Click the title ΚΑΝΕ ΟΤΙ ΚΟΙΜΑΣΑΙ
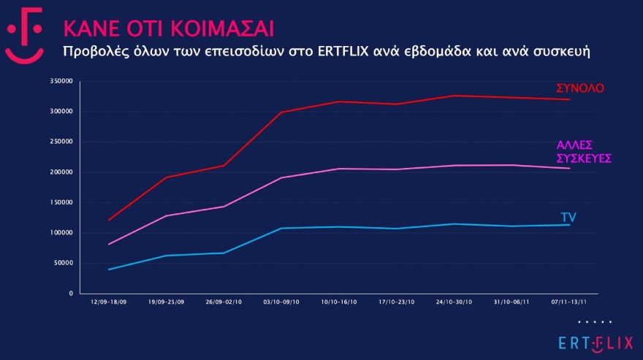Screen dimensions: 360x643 click(169, 28)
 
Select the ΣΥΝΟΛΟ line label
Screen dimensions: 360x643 click(579, 88)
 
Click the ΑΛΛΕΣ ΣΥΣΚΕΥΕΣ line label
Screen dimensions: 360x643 click(583, 151)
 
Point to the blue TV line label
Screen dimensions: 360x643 click(568, 217)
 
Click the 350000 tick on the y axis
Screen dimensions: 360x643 click(62, 81)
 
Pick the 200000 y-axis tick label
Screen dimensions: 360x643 click(62, 172)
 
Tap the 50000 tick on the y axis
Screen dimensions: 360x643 click(64, 264)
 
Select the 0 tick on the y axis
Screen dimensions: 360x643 click(70, 294)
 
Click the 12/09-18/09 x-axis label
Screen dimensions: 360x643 click(108, 302)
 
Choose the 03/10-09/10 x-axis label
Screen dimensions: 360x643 click(282, 302)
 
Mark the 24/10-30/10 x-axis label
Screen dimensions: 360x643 click(454, 302)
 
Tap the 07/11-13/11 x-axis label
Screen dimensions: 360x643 click(570, 302)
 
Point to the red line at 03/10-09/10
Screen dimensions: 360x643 click(282, 112)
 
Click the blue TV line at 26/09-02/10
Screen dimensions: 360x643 click(224, 253)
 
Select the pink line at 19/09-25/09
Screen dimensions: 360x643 click(167, 215)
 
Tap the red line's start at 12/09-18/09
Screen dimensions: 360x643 click(109, 220)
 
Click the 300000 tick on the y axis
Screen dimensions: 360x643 click(62, 112)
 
